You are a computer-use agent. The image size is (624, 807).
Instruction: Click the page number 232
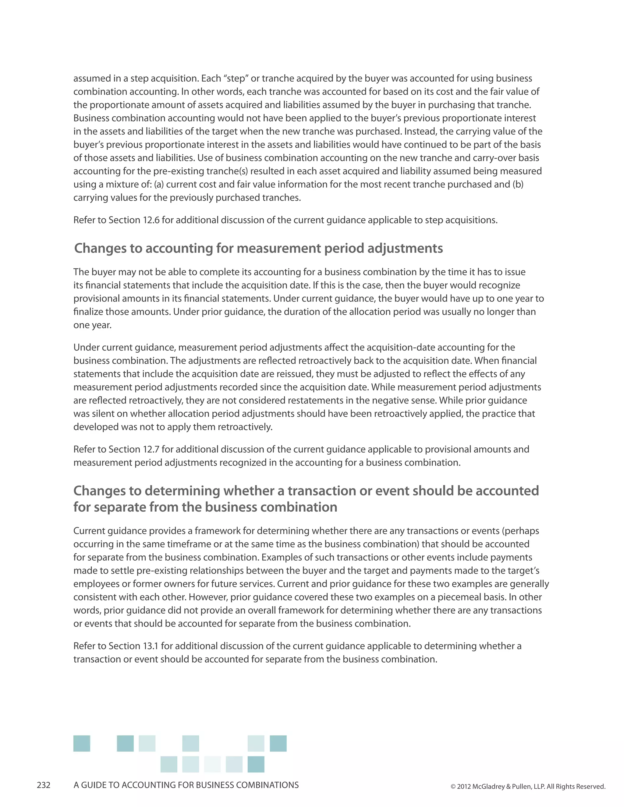pos(44,785)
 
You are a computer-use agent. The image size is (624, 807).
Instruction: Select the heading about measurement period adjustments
pos(258,248)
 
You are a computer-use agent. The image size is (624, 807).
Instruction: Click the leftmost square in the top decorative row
pos(82,743)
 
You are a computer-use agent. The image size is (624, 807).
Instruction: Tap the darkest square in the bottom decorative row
pos(256,764)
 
